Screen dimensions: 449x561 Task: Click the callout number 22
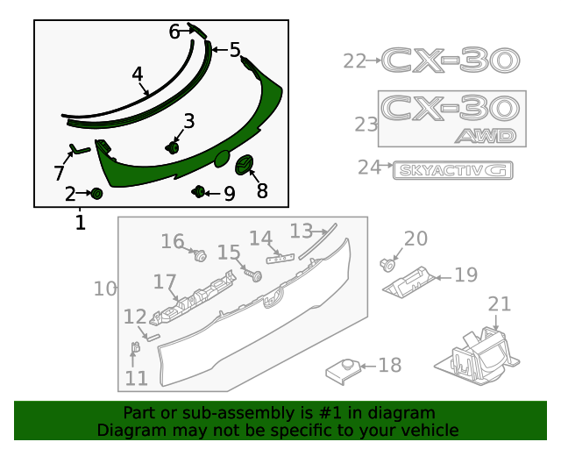tap(354, 61)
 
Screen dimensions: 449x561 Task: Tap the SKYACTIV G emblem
tap(451, 170)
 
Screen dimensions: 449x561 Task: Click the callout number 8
tap(262, 190)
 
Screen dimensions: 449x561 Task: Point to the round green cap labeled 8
tap(245, 163)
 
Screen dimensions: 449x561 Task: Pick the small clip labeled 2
tap(97, 193)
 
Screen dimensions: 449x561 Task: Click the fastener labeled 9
tap(199, 191)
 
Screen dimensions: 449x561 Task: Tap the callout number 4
tap(138, 75)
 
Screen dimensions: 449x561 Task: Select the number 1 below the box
tap(80, 223)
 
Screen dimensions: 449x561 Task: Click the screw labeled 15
tap(256, 275)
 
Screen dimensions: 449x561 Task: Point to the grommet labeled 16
tap(199, 256)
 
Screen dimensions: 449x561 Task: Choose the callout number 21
tap(499, 303)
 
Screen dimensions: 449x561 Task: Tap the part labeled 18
tap(344, 369)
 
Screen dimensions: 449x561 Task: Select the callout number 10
tap(104, 288)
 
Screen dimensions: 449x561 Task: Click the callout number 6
tap(174, 32)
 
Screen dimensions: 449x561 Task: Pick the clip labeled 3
tap(174, 147)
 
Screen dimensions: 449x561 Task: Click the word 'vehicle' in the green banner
tap(429, 430)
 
